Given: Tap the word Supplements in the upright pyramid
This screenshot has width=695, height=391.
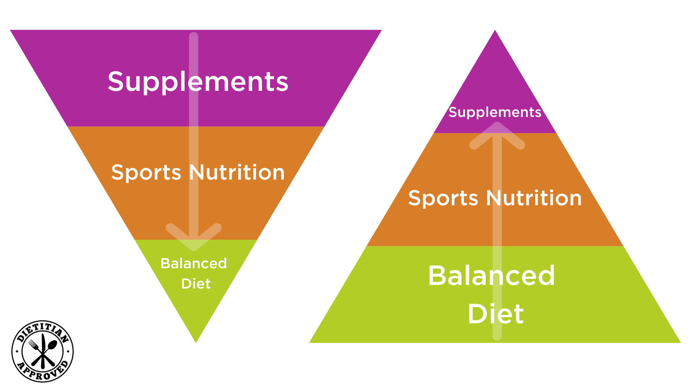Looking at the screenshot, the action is tap(495, 113).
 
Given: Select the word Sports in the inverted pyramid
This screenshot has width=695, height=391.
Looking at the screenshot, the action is tap(146, 173).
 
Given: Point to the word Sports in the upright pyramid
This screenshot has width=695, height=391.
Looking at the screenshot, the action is tap(443, 198).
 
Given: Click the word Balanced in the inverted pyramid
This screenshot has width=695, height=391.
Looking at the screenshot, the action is tap(194, 264).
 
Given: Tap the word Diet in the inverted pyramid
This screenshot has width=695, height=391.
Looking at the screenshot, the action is tap(196, 284).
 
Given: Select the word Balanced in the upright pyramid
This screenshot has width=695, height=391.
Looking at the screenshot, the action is tap(492, 276).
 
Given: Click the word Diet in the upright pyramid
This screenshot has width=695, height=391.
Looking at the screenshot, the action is tap(496, 314).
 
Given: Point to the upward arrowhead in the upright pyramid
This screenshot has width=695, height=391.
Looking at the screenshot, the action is tap(497, 136).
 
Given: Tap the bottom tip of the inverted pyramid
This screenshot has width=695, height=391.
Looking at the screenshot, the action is tap(196, 342).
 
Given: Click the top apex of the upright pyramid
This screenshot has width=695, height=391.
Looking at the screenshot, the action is tap(495, 30).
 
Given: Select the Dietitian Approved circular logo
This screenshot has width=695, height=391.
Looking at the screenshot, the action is tap(43, 351).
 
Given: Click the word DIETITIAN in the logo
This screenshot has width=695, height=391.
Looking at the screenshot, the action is tap(42, 331).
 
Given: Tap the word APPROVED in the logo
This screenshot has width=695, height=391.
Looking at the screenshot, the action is tap(43, 371).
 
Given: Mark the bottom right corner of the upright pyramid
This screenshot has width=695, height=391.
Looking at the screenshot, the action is tap(680, 342).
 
